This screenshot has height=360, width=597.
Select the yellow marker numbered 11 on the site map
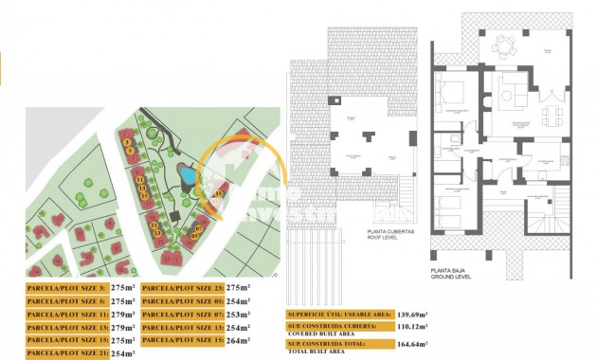[x=139, y=178]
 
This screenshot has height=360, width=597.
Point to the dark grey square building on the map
[x=176, y=217]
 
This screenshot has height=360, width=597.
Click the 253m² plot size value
[x=239, y=314]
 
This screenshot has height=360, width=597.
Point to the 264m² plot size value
[x=239, y=340]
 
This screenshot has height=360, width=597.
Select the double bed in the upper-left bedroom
[x=451, y=95]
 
